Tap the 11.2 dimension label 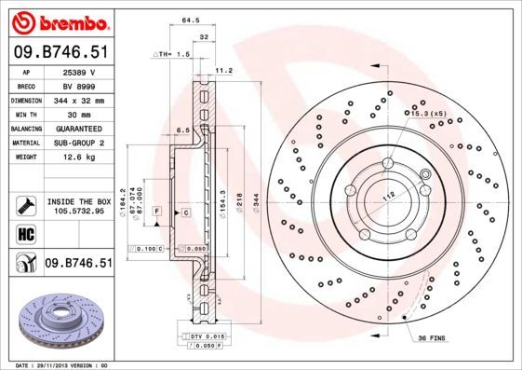tap(223, 69)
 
